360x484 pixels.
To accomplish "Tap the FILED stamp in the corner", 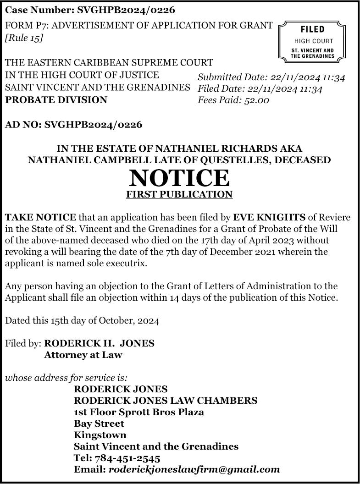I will [312, 41].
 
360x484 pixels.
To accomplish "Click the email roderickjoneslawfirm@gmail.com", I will [194, 469].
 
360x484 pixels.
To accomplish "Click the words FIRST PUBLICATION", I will [179, 194].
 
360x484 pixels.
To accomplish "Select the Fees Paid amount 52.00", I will [256, 100].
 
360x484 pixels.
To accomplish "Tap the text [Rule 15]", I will [24, 38].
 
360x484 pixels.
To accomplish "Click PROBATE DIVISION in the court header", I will [56, 99].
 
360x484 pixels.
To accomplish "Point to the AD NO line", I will [73, 124].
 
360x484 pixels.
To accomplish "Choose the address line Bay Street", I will [99, 423].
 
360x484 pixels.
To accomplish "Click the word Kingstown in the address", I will [100, 435].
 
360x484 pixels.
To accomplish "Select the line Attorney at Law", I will [83, 355].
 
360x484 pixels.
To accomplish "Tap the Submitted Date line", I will [271, 77].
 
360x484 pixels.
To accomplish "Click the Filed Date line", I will [260, 88].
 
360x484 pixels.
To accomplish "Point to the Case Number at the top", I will [90, 10].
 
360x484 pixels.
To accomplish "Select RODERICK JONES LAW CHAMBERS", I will [166, 401].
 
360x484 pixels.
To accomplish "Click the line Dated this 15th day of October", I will [82, 321].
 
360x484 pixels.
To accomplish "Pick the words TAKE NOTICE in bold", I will [40, 217].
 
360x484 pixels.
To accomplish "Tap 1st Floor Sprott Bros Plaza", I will [139, 412].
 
